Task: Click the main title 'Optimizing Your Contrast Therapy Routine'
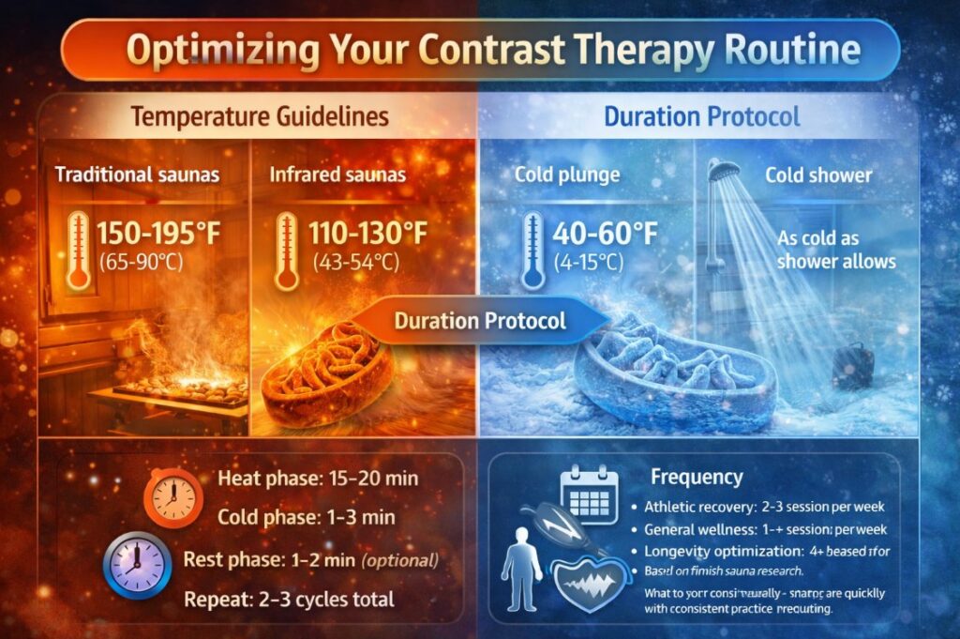[x=479, y=50]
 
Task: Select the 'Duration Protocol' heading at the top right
[x=702, y=117]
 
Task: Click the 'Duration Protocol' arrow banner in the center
[x=480, y=321]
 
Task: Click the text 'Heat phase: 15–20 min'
[x=317, y=479]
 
